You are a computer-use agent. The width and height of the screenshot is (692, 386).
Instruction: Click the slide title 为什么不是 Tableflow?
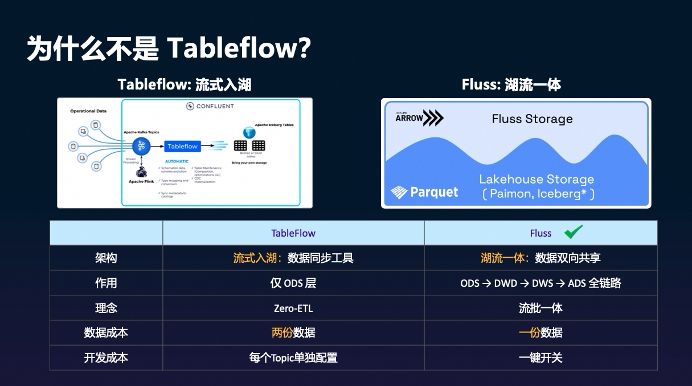pyautogui.click(x=169, y=48)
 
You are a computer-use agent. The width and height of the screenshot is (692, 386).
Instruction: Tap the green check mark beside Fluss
pyautogui.click(x=573, y=231)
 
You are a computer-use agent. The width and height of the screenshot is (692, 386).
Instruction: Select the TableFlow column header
pyautogui.click(x=293, y=233)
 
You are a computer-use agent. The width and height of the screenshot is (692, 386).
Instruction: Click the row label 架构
pyautogui.click(x=106, y=258)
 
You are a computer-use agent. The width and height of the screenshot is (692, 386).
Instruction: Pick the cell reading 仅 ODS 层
pyautogui.click(x=293, y=283)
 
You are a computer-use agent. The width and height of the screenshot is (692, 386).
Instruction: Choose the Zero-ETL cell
pyautogui.click(x=293, y=308)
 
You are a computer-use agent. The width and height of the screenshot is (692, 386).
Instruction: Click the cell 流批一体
pyautogui.click(x=541, y=308)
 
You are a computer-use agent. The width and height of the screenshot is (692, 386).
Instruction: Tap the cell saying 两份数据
pyautogui.click(x=293, y=333)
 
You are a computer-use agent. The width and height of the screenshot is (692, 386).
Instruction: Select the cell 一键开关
pyautogui.click(x=541, y=357)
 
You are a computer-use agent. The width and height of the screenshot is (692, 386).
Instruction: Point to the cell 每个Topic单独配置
pyautogui.click(x=293, y=357)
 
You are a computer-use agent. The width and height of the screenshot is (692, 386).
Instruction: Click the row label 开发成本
pyautogui.click(x=106, y=357)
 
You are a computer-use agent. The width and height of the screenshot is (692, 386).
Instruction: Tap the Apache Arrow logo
pyautogui.click(x=419, y=117)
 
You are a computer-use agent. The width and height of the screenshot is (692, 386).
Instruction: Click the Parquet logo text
pyautogui.click(x=424, y=192)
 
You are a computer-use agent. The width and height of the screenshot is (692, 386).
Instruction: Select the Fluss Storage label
pyautogui.click(x=532, y=119)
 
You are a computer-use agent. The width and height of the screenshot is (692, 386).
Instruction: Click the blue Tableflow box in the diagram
pyautogui.click(x=182, y=147)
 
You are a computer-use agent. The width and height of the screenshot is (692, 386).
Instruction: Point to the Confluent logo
pyautogui.click(x=210, y=106)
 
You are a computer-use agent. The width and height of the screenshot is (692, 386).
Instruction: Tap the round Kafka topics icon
pyautogui.click(x=141, y=145)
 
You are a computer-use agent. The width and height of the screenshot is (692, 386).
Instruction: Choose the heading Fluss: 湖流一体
pyautogui.click(x=511, y=85)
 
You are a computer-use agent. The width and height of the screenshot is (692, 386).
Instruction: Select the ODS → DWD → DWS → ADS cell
pyautogui.click(x=541, y=283)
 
